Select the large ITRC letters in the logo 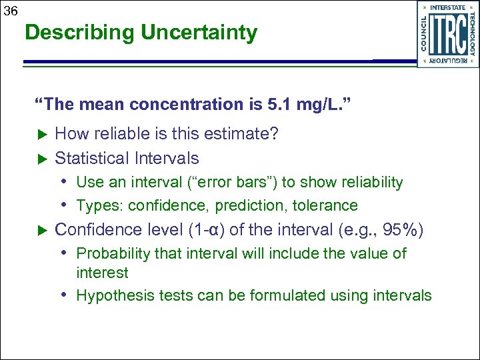click(448, 34)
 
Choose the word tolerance click(325, 205)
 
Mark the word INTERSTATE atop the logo click(447, 7)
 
